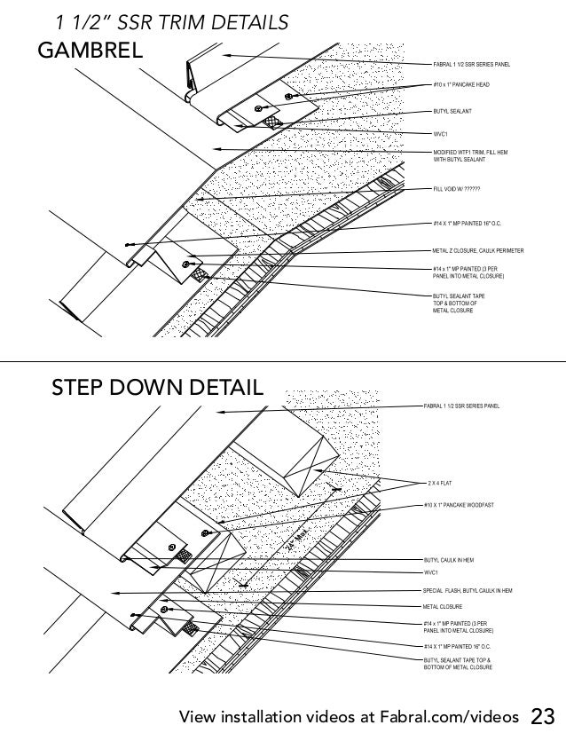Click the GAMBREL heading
(90, 51)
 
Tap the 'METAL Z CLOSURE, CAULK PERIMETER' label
(478, 252)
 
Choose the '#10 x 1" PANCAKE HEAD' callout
(461, 85)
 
